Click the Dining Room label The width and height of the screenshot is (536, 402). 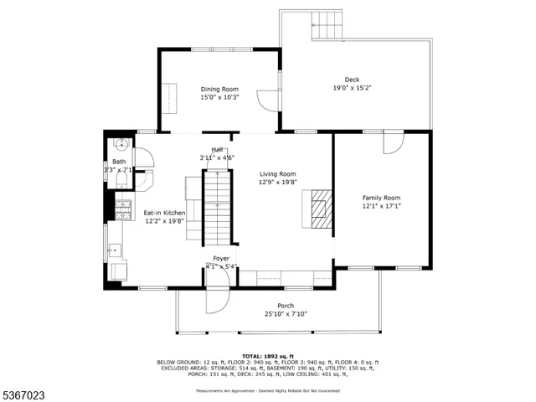click(219, 89)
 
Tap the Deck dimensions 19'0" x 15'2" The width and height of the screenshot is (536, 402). click(352, 87)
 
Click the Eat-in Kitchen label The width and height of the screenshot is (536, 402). click(163, 213)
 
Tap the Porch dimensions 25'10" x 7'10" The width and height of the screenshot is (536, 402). click(286, 314)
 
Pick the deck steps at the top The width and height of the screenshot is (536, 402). click(327, 24)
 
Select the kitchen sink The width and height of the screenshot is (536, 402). click(115, 249)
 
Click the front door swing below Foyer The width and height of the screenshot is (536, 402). click(217, 301)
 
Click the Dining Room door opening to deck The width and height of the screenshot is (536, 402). click(268, 100)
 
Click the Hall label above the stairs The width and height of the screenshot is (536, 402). click(217, 149)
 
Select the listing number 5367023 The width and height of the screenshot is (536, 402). click(23, 393)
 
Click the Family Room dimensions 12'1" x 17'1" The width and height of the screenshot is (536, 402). click(381, 206)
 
